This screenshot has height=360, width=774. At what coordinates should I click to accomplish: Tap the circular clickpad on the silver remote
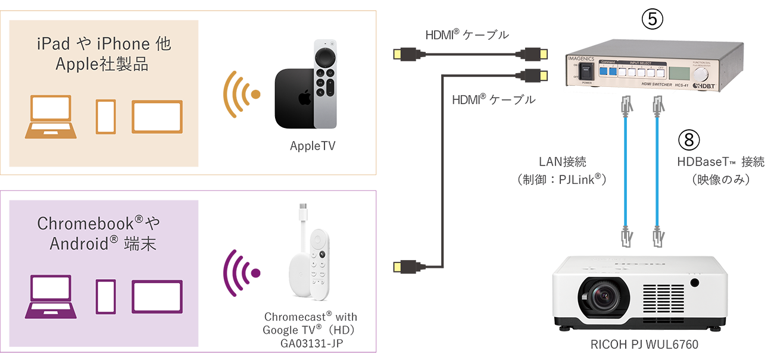(x=325, y=57)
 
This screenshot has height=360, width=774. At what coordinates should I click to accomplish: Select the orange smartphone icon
(x=106, y=117)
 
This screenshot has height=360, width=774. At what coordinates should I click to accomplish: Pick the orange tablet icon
(x=157, y=117)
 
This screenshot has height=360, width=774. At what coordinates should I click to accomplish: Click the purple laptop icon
(x=51, y=296)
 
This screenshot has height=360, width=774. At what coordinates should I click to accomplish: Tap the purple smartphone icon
(x=106, y=296)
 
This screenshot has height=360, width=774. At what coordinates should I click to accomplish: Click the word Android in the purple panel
(x=76, y=244)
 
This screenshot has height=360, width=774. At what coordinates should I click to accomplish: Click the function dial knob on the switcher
(x=702, y=74)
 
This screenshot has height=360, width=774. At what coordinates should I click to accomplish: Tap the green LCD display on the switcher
(x=678, y=73)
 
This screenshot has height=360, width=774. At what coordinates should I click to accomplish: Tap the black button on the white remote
(x=322, y=254)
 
